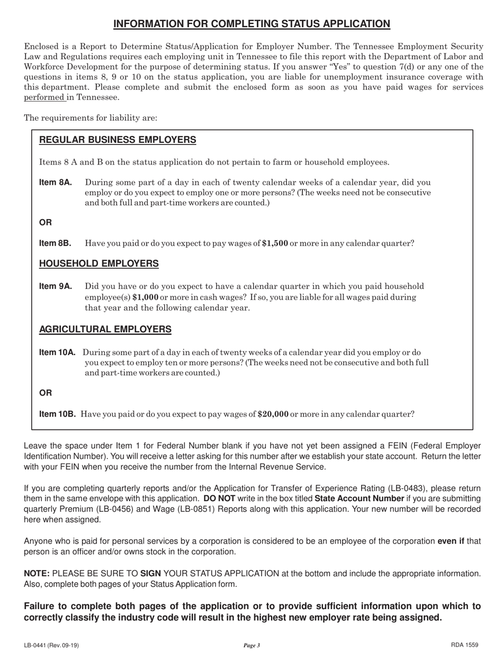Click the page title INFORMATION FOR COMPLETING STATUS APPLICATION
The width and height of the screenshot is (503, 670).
pos(252,23)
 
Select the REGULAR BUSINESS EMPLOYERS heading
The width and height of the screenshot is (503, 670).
pos(118,140)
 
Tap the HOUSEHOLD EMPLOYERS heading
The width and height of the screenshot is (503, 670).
pos(99,263)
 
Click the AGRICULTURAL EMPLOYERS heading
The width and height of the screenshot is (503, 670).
pos(105,329)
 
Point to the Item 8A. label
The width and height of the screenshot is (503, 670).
pos(56,183)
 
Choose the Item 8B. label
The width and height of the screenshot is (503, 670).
pos(56,243)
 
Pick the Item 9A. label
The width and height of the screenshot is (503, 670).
pos(56,286)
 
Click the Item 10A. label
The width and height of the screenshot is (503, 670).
pos(58,352)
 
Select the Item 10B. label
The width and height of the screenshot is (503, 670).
pos(58,414)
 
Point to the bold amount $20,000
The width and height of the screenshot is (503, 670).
pos(272,414)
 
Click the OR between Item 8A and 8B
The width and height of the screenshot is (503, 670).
pos(46,222)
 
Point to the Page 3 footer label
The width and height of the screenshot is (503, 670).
pos(251,645)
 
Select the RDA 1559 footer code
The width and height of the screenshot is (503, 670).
pos(465,645)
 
